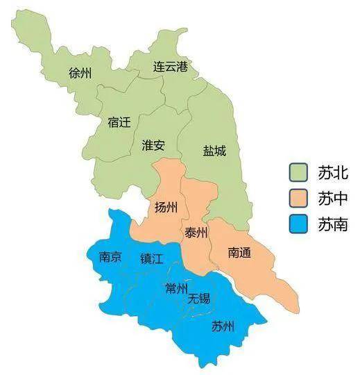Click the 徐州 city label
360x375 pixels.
81,73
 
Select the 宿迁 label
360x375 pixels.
119,122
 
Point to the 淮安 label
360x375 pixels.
153,145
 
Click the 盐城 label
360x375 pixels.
214,150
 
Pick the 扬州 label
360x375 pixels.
166,208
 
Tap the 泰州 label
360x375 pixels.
196,233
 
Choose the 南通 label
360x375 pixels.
239,253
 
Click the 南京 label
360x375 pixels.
110,257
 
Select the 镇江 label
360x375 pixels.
151,258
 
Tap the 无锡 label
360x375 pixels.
199,299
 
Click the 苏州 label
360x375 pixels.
223,326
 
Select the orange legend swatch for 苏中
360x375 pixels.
300,199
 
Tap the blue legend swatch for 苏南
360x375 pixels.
300,224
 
